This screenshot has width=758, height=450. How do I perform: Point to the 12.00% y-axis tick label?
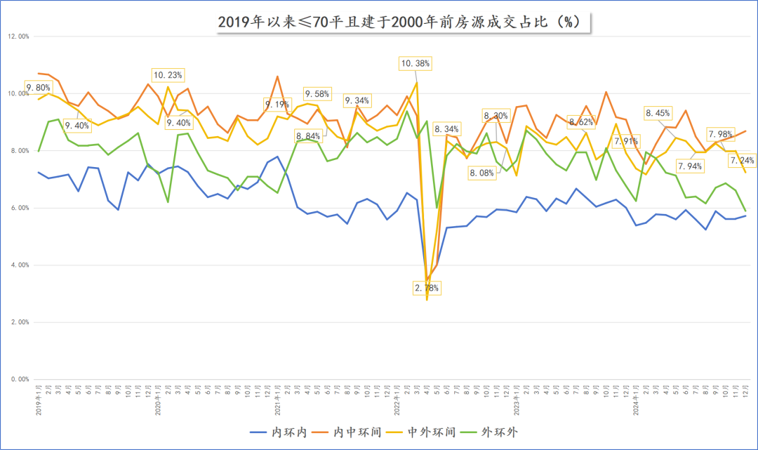(18, 37)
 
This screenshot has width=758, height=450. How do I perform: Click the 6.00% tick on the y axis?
(18, 208)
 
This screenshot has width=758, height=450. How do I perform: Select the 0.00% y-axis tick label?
(18, 379)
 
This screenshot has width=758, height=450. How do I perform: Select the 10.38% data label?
(415, 63)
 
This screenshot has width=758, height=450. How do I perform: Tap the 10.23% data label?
(168, 74)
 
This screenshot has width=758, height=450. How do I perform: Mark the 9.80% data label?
(38, 88)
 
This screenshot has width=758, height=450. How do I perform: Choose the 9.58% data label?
(317, 93)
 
